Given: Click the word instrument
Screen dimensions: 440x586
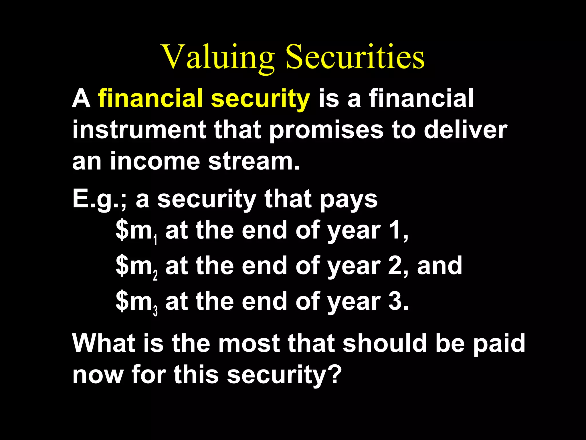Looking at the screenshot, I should click(139, 130).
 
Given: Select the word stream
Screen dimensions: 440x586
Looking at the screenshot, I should click(254, 161).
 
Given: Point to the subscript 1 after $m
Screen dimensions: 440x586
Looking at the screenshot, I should click(155, 240).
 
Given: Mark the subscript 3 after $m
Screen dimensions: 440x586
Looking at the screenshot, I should click(155, 311).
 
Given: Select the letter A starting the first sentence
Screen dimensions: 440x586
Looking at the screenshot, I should click(81, 99).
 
